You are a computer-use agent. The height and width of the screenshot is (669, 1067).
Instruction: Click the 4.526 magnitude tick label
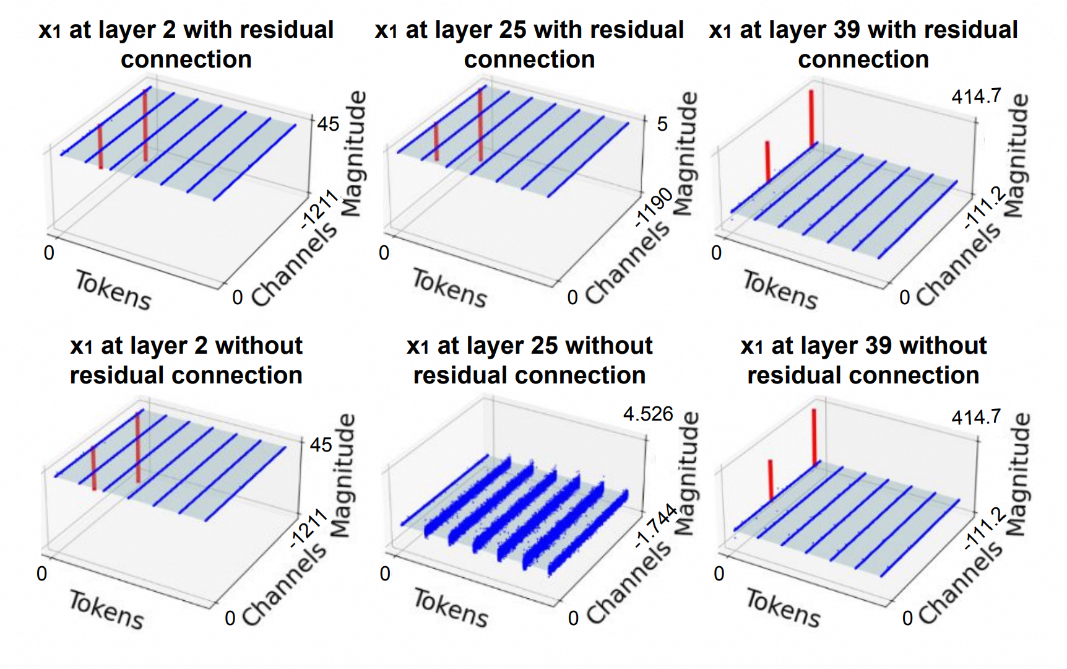tap(647, 413)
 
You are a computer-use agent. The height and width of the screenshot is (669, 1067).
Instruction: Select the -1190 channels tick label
tap(654, 208)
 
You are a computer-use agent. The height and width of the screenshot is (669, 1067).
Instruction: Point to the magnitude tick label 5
tap(662, 124)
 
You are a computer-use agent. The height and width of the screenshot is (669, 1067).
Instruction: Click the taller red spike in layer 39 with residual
tap(811, 118)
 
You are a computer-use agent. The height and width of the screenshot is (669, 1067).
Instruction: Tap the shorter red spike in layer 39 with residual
tap(767, 161)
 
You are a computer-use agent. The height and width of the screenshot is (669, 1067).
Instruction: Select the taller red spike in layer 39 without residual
tap(814, 437)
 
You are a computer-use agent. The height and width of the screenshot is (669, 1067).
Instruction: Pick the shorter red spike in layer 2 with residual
tap(100, 146)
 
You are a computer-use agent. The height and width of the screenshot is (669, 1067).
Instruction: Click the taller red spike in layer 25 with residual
tap(480, 124)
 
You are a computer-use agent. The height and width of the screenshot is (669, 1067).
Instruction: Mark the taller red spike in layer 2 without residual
tap(137, 447)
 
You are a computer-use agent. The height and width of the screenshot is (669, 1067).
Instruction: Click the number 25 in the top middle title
tap(512, 30)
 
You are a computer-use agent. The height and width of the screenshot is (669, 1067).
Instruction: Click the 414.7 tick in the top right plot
tap(976, 97)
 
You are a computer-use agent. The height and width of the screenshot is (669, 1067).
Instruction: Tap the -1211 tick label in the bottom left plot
tap(309, 528)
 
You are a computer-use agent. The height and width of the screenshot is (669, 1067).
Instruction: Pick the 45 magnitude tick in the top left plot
tap(328, 124)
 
